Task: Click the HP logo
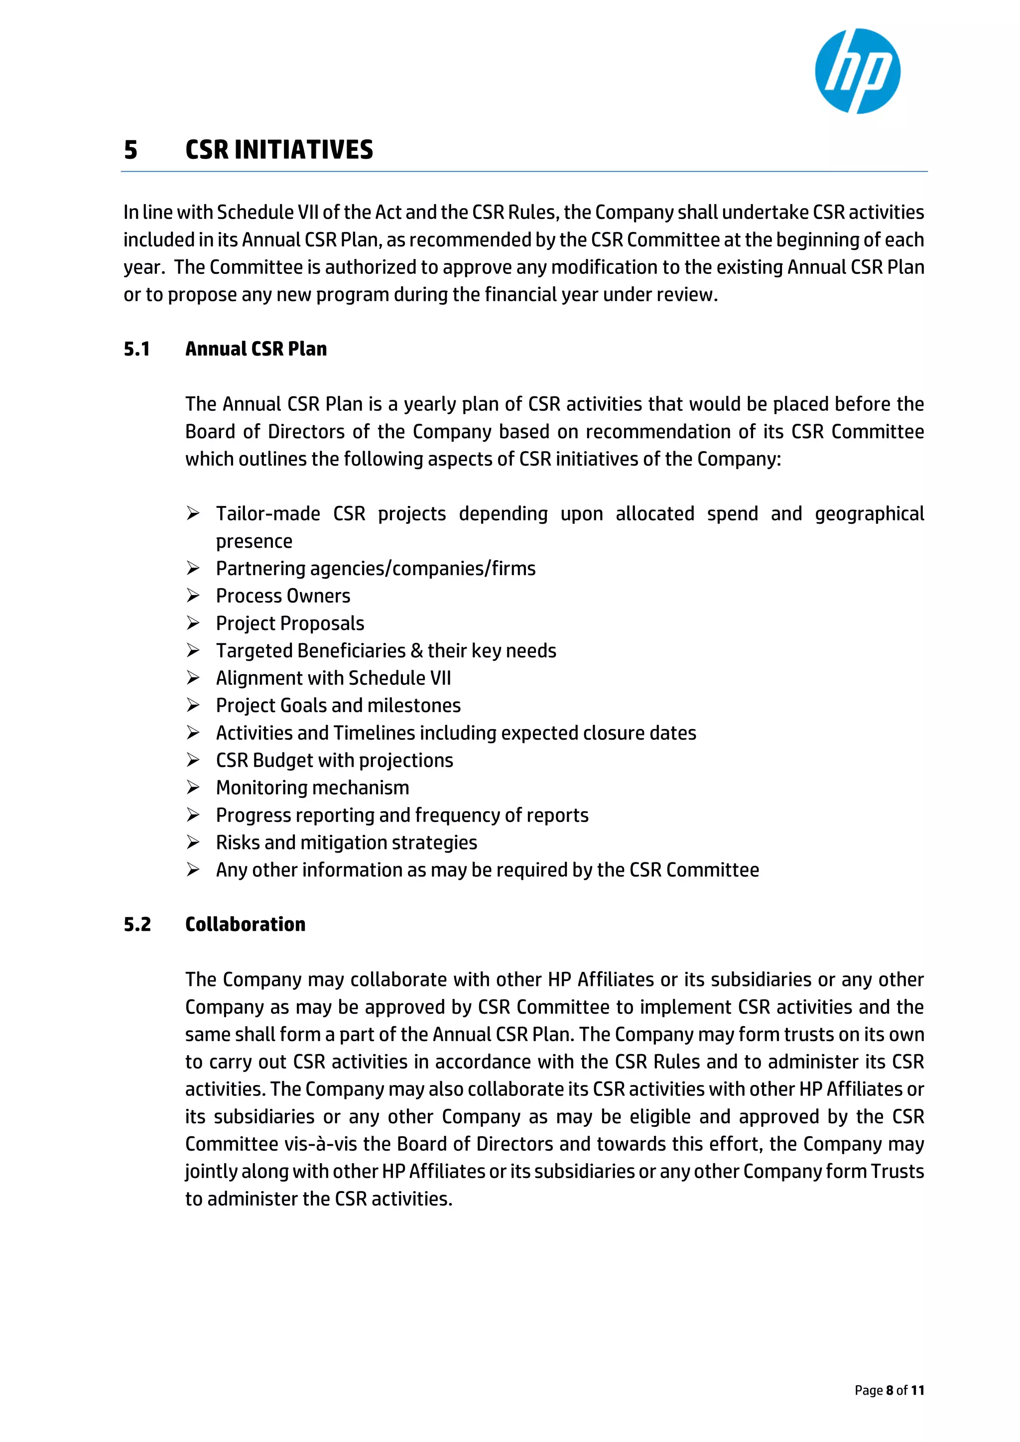coord(857,71)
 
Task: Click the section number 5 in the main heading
coord(130,150)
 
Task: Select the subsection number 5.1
coord(137,349)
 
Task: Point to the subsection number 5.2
coord(137,925)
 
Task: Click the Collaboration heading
coord(245,925)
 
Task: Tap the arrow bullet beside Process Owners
coord(193,596)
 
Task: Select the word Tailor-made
coord(267,514)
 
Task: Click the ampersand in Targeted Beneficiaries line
coord(416,651)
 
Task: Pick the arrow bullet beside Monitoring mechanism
coord(193,788)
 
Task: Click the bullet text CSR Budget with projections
coord(334,760)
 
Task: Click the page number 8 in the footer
coord(890,1391)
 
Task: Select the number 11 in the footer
coord(917,1391)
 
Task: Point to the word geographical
coord(869,514)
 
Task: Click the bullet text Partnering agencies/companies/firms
coord(376,568)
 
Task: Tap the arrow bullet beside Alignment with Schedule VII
coord(193,678)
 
